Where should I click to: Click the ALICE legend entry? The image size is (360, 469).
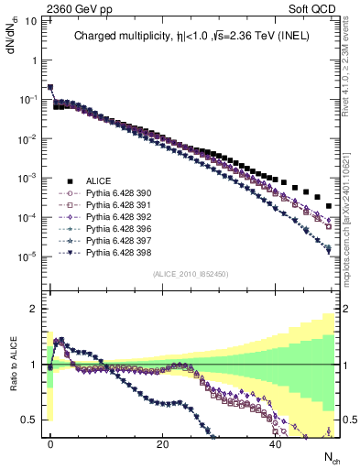pos(98,180)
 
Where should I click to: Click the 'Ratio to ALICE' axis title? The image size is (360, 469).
pos(14,365)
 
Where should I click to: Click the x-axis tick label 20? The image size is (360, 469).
pos(163,443)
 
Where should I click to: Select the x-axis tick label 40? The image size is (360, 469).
pos(276,443)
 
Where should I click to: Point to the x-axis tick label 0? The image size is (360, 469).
pos(50,443)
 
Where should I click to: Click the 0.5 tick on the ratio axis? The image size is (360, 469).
pos(32,420)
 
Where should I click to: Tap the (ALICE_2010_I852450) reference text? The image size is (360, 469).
pos(191,274)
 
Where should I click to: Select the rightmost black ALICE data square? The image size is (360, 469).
pos(330,205)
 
